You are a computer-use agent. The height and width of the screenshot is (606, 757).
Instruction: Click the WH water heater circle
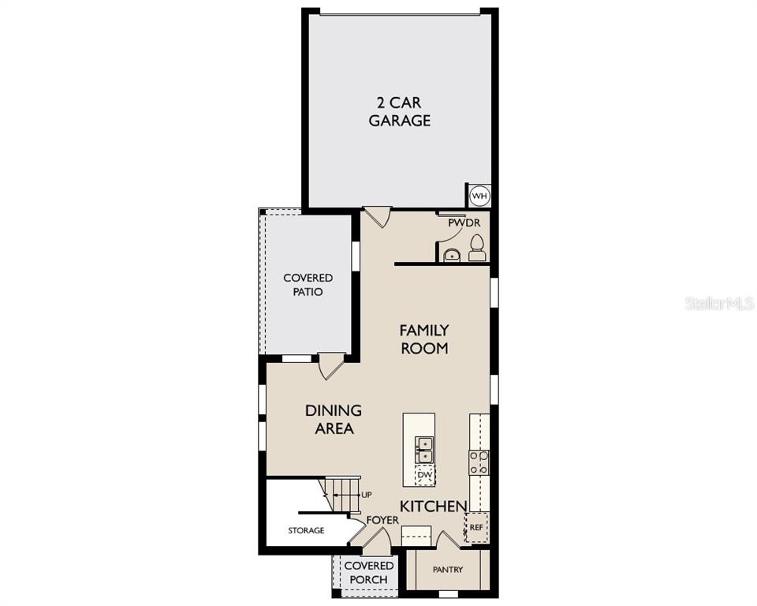coord(479,196)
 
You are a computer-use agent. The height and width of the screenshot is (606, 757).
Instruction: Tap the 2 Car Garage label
coord(399,111)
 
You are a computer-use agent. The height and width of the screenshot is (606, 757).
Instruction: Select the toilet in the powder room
coord(476,248)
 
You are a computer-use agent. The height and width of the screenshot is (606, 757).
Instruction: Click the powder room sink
coord(452,255)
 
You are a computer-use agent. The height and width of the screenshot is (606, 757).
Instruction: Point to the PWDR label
coord(464,223)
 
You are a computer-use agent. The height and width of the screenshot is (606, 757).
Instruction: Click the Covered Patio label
coord(308,285)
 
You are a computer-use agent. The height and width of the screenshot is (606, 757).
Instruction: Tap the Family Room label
coord(424,339)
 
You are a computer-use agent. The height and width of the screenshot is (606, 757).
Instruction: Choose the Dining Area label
coord(334,419)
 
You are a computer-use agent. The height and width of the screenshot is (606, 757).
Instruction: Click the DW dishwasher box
coord(425,476)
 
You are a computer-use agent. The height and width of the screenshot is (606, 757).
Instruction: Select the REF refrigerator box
coord(476,527)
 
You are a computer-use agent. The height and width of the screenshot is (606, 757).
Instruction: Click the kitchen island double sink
coord(425,450)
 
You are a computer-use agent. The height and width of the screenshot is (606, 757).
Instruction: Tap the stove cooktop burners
coord(479,462)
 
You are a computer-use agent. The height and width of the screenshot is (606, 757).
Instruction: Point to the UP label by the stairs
coord(367,495)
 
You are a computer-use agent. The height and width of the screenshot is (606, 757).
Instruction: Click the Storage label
coord(306,530)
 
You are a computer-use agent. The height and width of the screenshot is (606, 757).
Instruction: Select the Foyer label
coord(383,520)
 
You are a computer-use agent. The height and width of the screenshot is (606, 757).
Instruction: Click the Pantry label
coord(448,570)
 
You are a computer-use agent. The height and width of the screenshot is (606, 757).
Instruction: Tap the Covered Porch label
coord(369,572)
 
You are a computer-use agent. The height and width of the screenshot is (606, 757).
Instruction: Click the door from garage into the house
coord(377,218)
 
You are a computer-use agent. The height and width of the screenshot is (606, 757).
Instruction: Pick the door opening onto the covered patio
coord(332,366)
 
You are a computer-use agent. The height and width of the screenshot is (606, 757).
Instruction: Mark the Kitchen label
coord(434,506)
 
